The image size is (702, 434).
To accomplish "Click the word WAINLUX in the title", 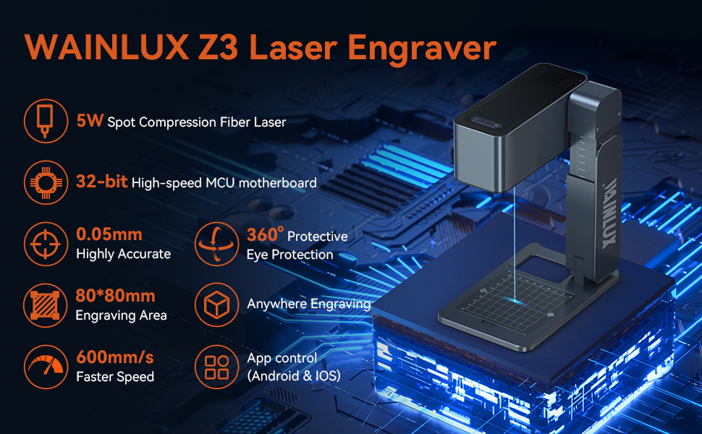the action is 106,47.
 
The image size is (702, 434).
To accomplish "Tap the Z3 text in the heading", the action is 218,47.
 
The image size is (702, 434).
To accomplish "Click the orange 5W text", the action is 90,120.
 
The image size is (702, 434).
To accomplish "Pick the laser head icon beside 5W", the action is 45,121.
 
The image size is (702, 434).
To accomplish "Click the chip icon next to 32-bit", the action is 46,182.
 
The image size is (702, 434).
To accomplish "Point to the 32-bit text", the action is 101,182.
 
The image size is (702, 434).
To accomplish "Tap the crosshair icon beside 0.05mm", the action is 46,244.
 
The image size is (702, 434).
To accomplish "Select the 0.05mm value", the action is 109,234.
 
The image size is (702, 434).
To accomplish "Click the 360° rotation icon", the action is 216,244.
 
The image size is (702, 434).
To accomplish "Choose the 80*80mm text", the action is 116,296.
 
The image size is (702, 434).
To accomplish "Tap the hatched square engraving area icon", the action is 45,305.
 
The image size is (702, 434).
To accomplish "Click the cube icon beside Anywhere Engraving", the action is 216,305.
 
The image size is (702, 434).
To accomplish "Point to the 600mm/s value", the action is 114,357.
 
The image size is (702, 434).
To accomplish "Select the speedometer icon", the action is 46,367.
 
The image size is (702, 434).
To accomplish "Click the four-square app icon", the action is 216,367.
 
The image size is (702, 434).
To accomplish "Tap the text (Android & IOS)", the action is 294,376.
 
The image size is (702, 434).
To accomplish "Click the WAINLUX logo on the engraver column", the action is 609,213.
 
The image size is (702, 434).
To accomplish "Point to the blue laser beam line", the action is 515,244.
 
